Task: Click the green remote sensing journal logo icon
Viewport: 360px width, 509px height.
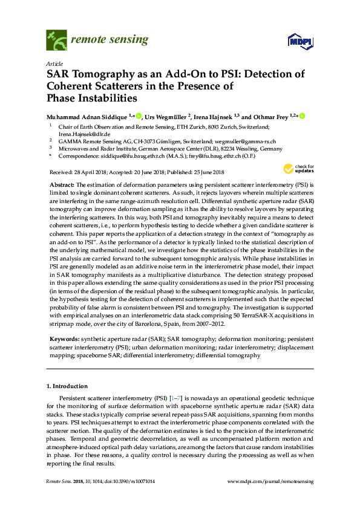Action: [x=56, y=42]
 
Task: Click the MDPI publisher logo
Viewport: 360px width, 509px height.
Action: [x=295, y=42]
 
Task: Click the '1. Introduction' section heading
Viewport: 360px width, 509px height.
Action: [x=67, y=385]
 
